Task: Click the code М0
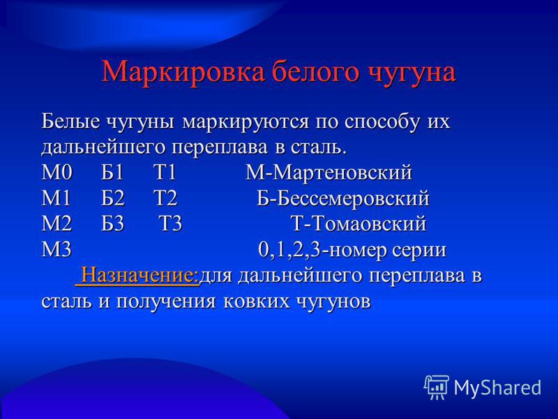[x=57, y=172]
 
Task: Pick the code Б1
[x=112, y=172]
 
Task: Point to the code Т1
[x=165, y=172]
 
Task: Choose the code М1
[x=56, y=198]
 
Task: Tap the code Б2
[x=113, y=198]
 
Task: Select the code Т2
[x=165, y=198]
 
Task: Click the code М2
[x=57, y=224]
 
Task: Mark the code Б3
[x=112, y=224]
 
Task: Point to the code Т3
[x=170, y=224]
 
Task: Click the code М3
[x=57, y=250]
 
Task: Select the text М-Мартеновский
[x=329, y=172]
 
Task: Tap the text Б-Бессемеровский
[x=343, y=198]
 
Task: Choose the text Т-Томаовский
[x=359, y=224]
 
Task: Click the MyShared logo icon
[x=437, y=388]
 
